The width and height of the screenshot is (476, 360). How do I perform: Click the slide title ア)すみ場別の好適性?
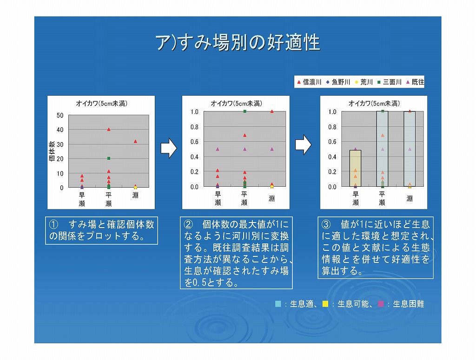(x=238, y=42)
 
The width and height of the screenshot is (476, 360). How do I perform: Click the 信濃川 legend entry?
(x=309, y=82)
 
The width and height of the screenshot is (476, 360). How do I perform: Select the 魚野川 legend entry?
(x=338, y=82)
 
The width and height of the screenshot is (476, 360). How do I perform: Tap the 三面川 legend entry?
(x=390, y=82)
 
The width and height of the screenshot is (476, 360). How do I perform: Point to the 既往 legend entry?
(x=415, y=82)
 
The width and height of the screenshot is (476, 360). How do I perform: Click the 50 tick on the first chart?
(x=60, y=115)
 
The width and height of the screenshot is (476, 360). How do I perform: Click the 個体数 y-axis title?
(x=52, y=151)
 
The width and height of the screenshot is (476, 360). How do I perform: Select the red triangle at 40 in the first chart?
(x=109, y=129)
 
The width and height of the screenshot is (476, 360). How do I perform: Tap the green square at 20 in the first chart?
(x=109, y=158)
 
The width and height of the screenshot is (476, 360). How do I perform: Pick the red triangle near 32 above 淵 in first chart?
(x=135, y=141)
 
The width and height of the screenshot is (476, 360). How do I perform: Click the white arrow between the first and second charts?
(x=169, y=148)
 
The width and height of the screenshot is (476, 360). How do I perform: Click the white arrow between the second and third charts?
(x=303, y=144)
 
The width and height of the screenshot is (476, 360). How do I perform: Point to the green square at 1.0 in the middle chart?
(x=245, y=111)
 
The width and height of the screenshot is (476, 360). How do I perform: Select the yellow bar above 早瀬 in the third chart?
(x=355, y=168)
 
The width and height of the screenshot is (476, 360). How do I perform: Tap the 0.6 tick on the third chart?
(x=332, y=142)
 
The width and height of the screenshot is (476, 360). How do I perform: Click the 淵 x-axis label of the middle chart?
(x=271, y=198)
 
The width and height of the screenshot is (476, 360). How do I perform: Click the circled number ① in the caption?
(x=53, y=224)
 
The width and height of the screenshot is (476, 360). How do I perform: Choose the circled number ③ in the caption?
(x=326, y=224)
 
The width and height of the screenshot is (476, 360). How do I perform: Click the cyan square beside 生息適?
(x=278, y=304)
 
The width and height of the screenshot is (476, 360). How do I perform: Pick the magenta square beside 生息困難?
(x=381, y=304)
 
